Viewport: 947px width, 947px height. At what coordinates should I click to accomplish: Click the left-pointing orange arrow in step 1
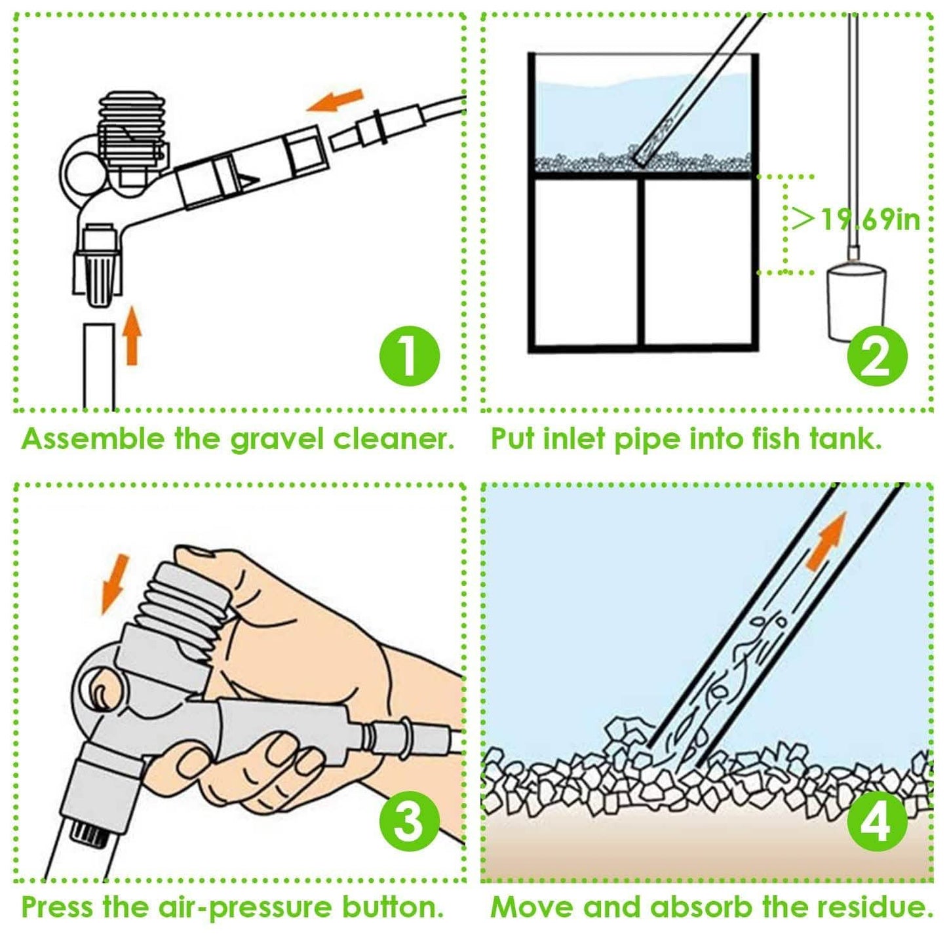[x=335, y=100]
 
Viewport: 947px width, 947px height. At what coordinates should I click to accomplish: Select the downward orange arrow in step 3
[x=115, y=585]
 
